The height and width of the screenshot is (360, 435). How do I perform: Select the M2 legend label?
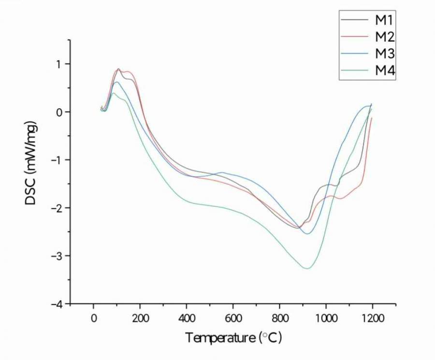[x=385, y=36]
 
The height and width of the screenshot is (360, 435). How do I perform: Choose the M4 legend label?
[x=385, y=71]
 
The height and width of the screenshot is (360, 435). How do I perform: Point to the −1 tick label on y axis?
[x=58, y=160]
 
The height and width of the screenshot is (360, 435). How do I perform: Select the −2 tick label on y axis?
[x=58, y=208]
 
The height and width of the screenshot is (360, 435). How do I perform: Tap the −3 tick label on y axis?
[x=58, y=256]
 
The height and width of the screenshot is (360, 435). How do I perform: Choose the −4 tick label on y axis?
[x=58, y=303]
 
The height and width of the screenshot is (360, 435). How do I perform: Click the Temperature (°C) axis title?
[x=233, y=337]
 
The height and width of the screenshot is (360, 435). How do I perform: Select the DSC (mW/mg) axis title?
[x=31, y=164]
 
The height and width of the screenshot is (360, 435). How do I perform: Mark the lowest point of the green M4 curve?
[x=306, y=268]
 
